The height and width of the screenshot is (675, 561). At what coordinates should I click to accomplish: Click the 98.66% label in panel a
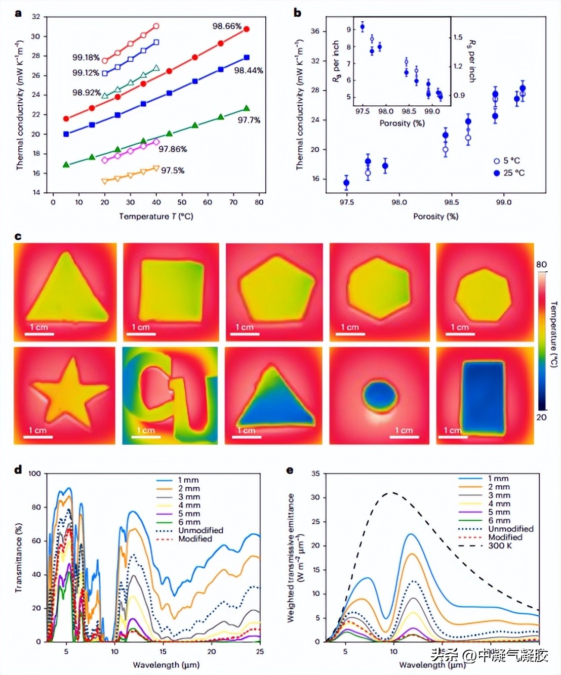pos(226,26)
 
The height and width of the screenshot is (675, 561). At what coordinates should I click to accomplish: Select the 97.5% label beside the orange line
pos(173,171)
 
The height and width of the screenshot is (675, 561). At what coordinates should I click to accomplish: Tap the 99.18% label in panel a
pos(86,58)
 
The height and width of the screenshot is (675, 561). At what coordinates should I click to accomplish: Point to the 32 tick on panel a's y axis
pos(35,17)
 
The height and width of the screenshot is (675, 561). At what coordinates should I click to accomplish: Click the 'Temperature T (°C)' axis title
pos(156,217)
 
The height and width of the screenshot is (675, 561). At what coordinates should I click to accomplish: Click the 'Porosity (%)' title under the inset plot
pos(402,123)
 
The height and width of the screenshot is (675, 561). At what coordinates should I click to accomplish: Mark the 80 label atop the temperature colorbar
pos(541,265)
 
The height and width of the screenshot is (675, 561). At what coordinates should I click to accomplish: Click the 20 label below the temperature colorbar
pos(541,417)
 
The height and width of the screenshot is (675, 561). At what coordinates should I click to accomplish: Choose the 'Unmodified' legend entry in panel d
pos(201,530)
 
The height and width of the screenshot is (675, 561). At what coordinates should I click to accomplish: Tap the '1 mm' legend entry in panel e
pos(498,478)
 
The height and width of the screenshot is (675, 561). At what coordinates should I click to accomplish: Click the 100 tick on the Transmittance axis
pos(34,474)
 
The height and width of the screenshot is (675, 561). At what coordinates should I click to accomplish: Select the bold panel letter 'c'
pos(18,236)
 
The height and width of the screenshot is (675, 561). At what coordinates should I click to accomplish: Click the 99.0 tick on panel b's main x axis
pos(503,202)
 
